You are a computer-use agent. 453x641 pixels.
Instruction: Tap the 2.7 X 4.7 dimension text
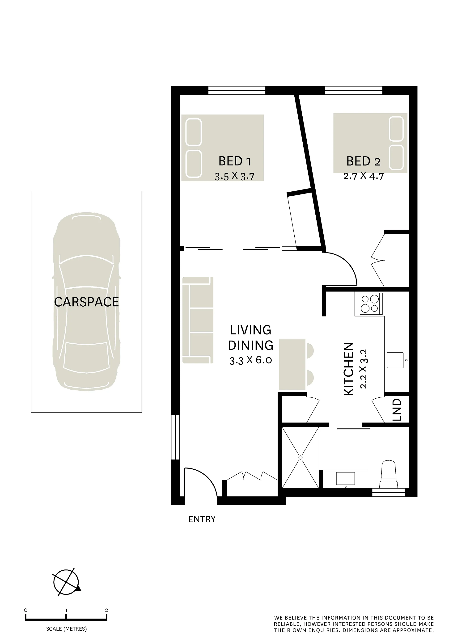click(363, 176)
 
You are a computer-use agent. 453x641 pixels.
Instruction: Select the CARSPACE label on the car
click(86, 302)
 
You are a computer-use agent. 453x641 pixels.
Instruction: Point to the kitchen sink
click(395, 360)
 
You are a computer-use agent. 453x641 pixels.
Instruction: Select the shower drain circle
click(301, 458)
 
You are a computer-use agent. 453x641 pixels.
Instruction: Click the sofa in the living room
click(198, 320)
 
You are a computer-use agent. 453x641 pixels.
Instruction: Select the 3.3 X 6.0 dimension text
click(250, 360)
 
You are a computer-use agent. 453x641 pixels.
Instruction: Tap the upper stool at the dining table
click(310, 351)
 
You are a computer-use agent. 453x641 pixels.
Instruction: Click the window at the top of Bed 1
click(237, 90)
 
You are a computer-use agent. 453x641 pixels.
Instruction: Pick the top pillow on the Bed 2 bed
click(396, 129)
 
